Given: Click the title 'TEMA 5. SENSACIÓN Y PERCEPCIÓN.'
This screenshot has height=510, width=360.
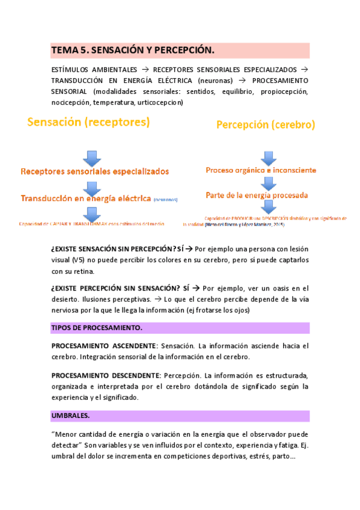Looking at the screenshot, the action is click(x=132, y=50).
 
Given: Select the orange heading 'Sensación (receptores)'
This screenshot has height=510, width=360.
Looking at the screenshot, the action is click(x=88, y=122).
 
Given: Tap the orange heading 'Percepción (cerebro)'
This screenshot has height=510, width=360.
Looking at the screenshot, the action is click(x=265, y=125).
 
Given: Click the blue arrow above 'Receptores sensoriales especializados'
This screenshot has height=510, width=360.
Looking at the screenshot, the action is click(x=93, y=158).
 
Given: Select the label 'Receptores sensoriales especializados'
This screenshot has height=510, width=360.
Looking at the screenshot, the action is click(x=95, y=171).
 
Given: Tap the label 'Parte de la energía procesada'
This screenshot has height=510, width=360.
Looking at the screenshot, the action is click(x=257, y=195).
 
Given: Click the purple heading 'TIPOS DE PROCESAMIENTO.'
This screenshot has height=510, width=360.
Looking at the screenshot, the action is click(x=97, y=328).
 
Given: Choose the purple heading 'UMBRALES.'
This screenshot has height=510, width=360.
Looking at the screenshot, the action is click(x=71, y=416).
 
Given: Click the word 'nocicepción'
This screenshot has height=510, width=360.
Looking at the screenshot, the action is click(x=70, y=103).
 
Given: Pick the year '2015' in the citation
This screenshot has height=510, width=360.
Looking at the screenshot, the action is click(x=278, y=225).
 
